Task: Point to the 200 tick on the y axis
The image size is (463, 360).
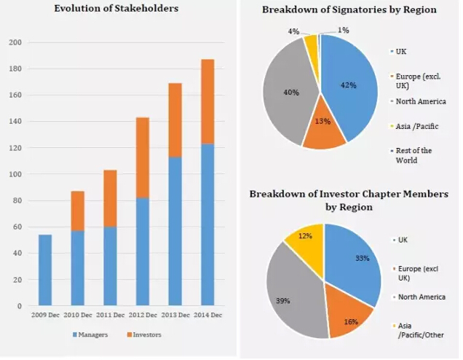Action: tap(14, 42)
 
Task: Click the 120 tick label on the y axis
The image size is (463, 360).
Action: tap(14, 148)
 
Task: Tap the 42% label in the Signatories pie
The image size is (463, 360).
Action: tap(349, 85)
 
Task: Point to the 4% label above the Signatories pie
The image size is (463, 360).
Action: tap(294, 31)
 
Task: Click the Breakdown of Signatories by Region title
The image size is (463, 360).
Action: tap(349, 9)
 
